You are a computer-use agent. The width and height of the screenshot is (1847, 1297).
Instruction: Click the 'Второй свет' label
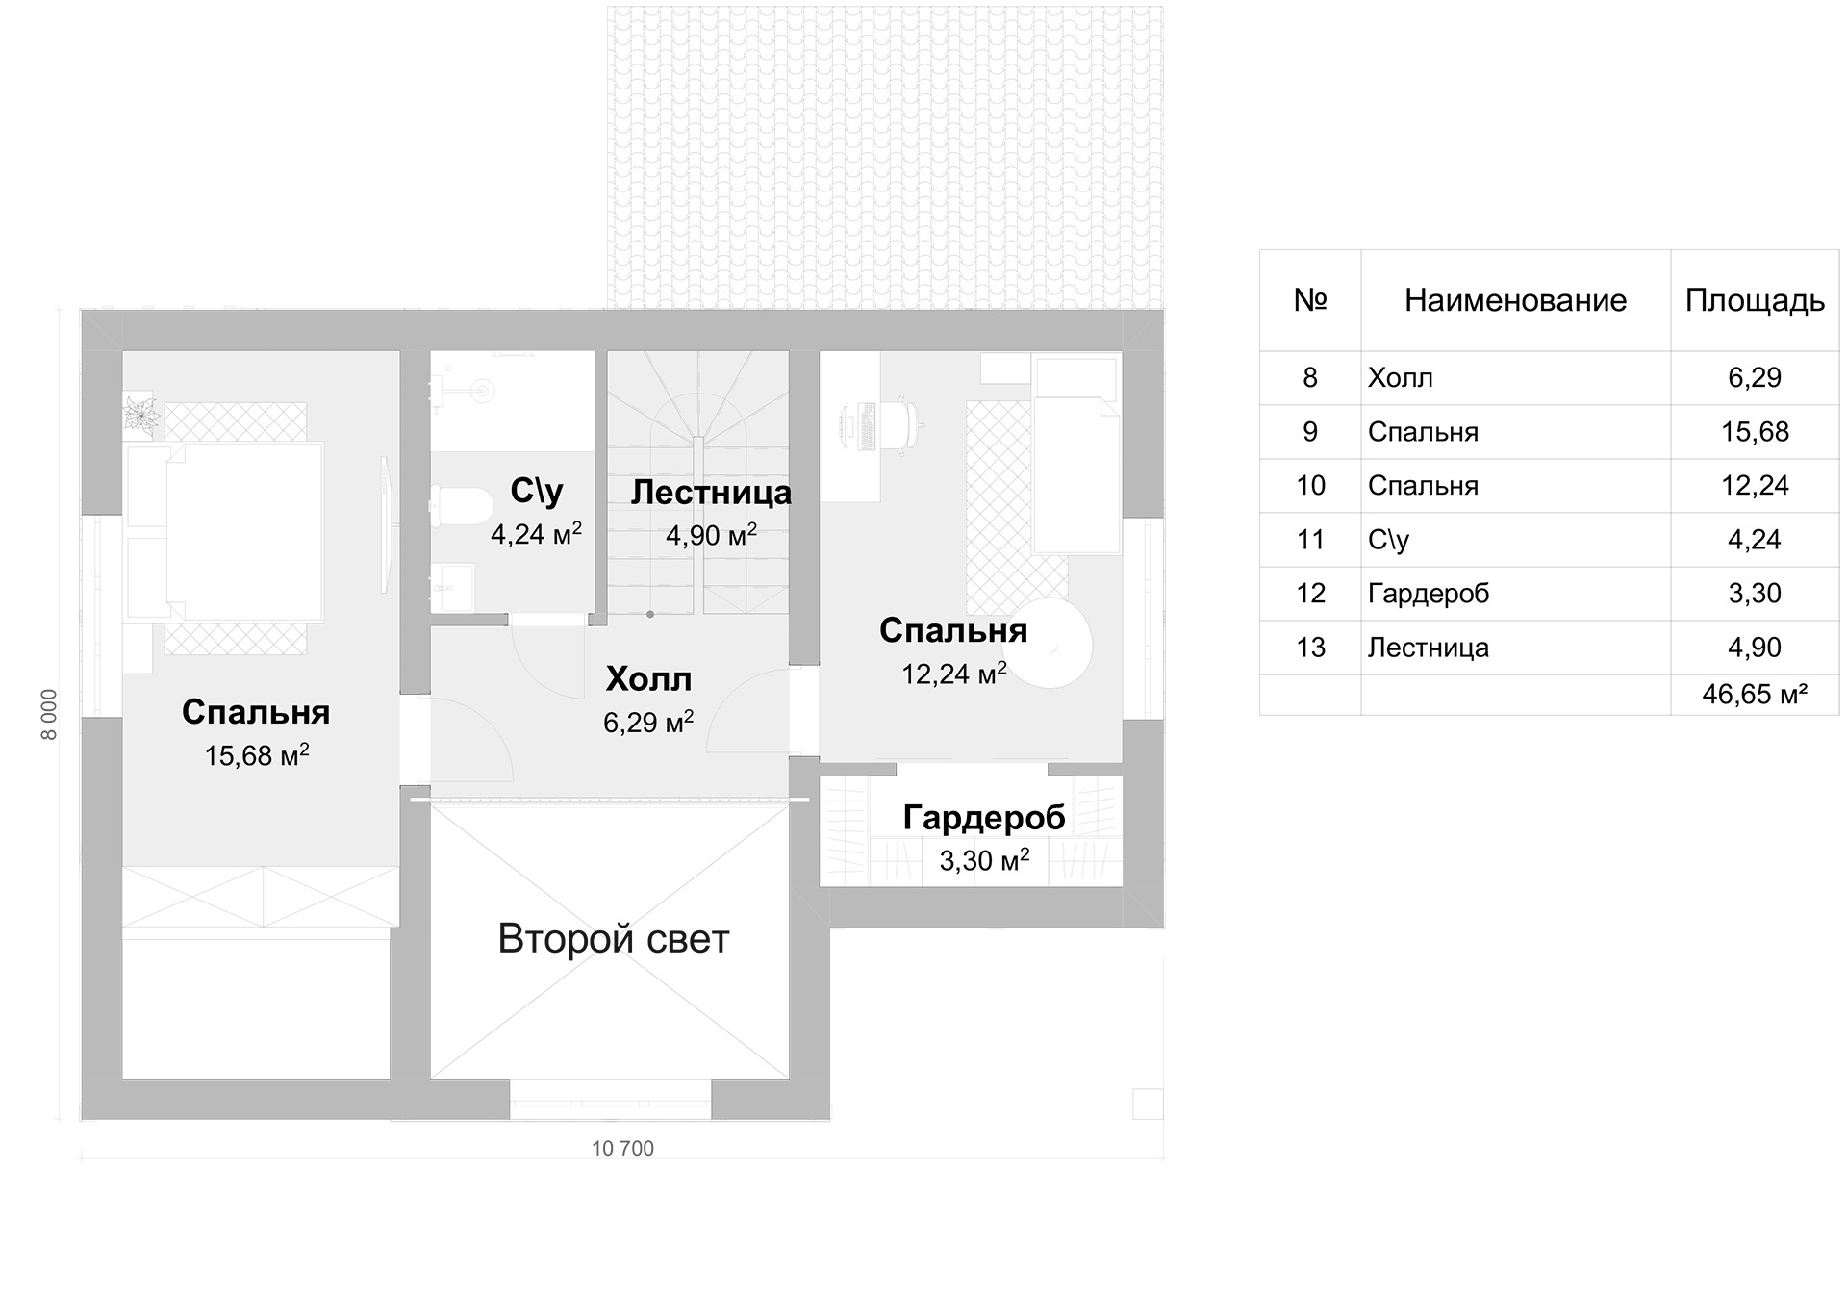tap(614, 939)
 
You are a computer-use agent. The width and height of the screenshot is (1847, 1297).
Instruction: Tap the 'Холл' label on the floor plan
tap(649, 679)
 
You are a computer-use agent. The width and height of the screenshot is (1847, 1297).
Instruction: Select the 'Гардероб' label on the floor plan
tap(984, 818)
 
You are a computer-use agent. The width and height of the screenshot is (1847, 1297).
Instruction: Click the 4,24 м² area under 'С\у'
tap(537, 533)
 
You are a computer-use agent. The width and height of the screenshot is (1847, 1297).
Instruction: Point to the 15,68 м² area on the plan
tap(257, 754)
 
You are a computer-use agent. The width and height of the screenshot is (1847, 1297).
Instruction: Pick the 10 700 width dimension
tap(622, 1149)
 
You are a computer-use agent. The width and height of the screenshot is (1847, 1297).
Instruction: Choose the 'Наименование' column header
tap(1515, 301)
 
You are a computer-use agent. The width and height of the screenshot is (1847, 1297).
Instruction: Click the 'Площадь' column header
tap(1755, 301)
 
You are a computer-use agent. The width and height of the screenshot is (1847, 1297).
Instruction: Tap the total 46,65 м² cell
tap(1755, 694)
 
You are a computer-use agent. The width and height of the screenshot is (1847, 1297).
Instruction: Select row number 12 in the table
tap(1310, 593)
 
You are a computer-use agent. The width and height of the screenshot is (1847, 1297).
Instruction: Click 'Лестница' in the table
tap(1429, 648)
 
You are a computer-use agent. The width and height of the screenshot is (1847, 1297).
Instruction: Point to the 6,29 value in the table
tap(1755, 377)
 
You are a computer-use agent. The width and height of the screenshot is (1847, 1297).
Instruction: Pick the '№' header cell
tap(1310, 300)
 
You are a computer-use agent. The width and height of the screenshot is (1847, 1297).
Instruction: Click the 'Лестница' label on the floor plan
tap(711, 493)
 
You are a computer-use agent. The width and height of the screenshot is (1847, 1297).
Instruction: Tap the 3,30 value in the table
tap(1755, 593)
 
